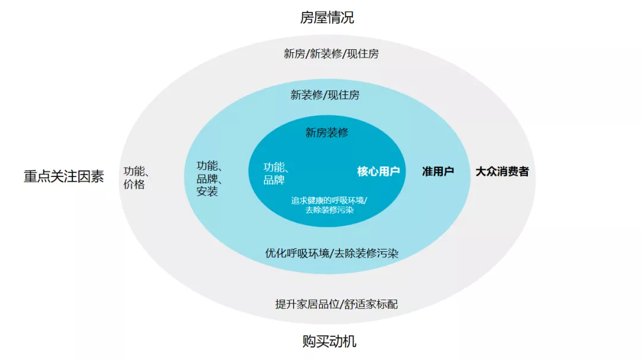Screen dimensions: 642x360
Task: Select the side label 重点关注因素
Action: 64,176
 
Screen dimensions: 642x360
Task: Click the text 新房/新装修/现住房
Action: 331,53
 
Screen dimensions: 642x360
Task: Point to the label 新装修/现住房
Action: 325,94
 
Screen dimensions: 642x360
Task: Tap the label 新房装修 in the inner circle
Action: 327,132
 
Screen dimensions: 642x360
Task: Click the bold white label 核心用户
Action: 378,172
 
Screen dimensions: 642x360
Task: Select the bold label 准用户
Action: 438,172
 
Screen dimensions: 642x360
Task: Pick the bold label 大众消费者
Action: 502,172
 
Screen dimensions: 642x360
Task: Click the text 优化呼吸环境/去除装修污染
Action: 332,253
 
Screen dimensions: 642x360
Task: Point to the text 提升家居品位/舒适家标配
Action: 336,304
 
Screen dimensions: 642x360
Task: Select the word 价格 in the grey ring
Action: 134,185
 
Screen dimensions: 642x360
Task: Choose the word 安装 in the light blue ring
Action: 207,191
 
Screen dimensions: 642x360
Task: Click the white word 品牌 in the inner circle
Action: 273,179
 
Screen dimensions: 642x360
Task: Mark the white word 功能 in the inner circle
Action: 274,167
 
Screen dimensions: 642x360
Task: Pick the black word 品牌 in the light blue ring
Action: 207,178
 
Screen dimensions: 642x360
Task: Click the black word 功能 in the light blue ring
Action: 207,166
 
